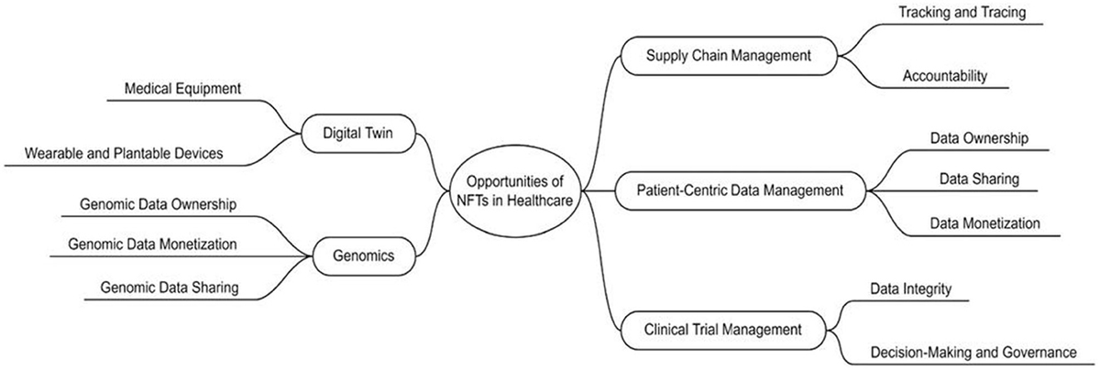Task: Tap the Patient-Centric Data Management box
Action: pyautogui.click(x=739, y=191)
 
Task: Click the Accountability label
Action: pyautogui.click(x=944, y=76)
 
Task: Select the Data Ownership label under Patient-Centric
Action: pyautogui.click(x=979, y=137)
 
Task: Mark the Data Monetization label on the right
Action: pyautogui.click(x=985, y=223)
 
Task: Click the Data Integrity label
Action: pyautogui.click(x=911, y=289)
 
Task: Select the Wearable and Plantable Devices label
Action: pyautogui.click(x=137, y=153)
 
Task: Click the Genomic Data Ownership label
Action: pyautogui.click(x=159, y=203)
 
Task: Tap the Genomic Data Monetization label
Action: pyautogui.click(x=152, y=245)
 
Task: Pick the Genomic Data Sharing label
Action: pyautogui.click(x=171, y=288)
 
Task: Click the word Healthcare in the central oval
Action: pyautogui.click(x=540, y=202)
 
